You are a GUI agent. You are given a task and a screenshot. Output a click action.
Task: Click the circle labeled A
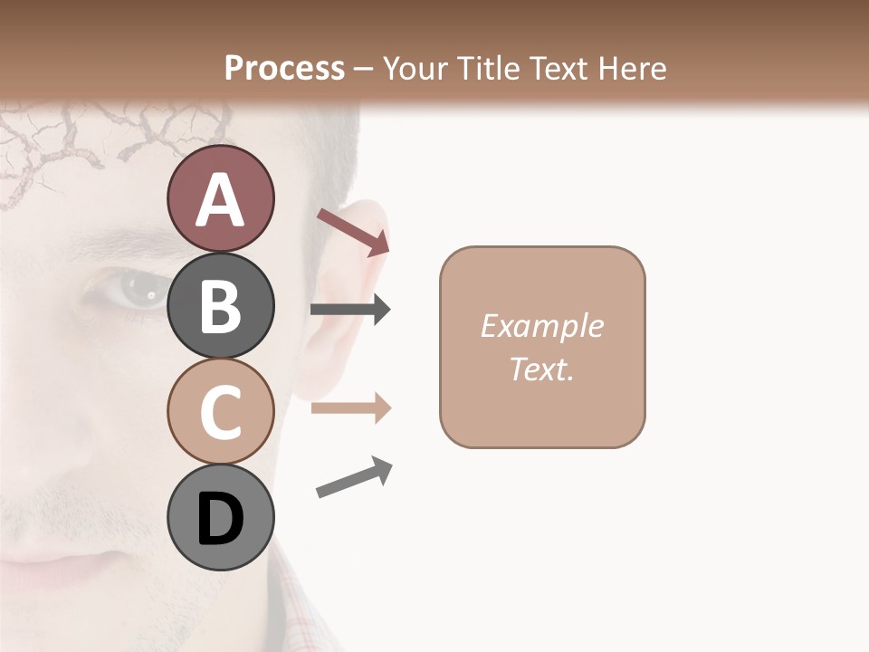point(220,199)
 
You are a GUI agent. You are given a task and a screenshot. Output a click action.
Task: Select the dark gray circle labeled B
point(220,305)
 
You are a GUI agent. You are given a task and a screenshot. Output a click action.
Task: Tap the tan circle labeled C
point(220,411)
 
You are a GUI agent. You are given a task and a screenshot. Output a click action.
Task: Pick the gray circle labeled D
point(220,517)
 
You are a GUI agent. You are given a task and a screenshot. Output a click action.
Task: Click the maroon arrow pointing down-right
point(353,232)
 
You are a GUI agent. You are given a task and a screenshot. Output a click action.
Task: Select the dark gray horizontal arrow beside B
point(350,310)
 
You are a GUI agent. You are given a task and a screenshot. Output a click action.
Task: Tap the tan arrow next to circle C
point(350,408)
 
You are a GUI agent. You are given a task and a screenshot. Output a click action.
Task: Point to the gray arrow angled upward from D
point(354,478)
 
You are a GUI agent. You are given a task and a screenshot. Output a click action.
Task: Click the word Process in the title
point(284,68)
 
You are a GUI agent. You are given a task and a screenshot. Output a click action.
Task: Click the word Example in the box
point(541,326)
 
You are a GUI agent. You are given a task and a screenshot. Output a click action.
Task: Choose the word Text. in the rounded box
point(541,369)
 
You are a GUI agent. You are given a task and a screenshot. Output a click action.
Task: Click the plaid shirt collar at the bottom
point(299,607)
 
